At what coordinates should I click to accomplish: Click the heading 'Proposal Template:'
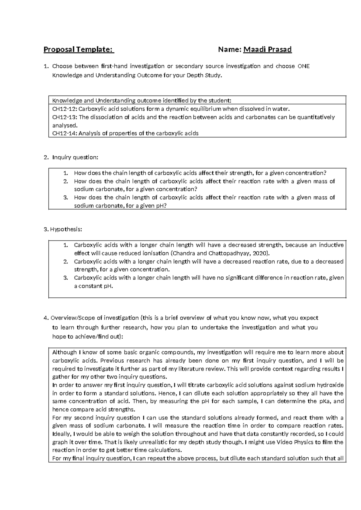click(79, 49)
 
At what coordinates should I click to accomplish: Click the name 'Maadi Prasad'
click(267, 49)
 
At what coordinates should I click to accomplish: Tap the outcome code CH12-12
click(64, 109)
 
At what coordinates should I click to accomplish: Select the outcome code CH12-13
click(64, 117)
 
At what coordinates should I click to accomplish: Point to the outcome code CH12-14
click(64, 134)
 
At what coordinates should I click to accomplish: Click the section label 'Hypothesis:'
click(66, 229)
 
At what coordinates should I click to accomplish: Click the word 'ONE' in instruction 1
click(303, 66)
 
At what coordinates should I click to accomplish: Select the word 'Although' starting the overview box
click(64, 352)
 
